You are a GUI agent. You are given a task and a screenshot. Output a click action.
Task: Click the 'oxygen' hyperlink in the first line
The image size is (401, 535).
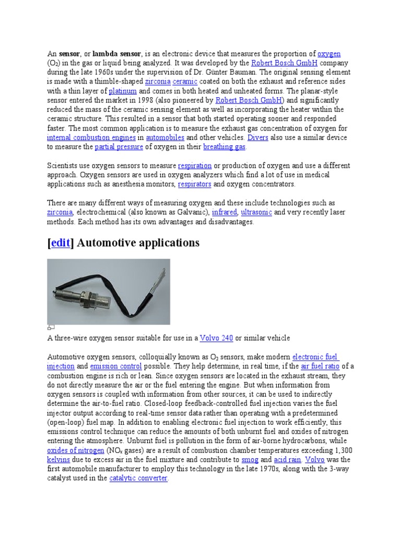point(329,54)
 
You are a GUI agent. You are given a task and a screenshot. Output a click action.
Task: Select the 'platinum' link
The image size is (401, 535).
point(123,91)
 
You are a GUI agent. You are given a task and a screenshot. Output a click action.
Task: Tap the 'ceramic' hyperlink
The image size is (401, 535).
point(183,82)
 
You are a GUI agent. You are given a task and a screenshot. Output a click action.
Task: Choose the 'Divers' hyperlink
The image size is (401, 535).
point(257,137)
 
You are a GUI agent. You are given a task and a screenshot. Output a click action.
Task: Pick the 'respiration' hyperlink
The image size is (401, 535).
point(195,166)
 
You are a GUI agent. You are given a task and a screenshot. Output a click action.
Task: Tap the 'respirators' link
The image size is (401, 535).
point(194,184)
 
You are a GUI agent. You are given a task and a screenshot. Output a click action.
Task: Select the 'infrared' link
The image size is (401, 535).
point(225,212)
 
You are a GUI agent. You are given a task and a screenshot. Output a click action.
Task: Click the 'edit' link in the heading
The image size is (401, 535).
point(61,243)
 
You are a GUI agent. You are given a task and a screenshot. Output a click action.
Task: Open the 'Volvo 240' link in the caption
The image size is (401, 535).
point(216,338)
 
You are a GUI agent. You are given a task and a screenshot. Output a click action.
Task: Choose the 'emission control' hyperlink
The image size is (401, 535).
point(116,366)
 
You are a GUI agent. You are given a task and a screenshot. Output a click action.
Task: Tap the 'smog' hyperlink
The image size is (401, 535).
point(249,460)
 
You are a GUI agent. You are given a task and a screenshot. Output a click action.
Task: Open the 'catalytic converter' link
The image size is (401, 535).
point(138,479)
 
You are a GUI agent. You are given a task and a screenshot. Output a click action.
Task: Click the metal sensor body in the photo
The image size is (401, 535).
point(99,289)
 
